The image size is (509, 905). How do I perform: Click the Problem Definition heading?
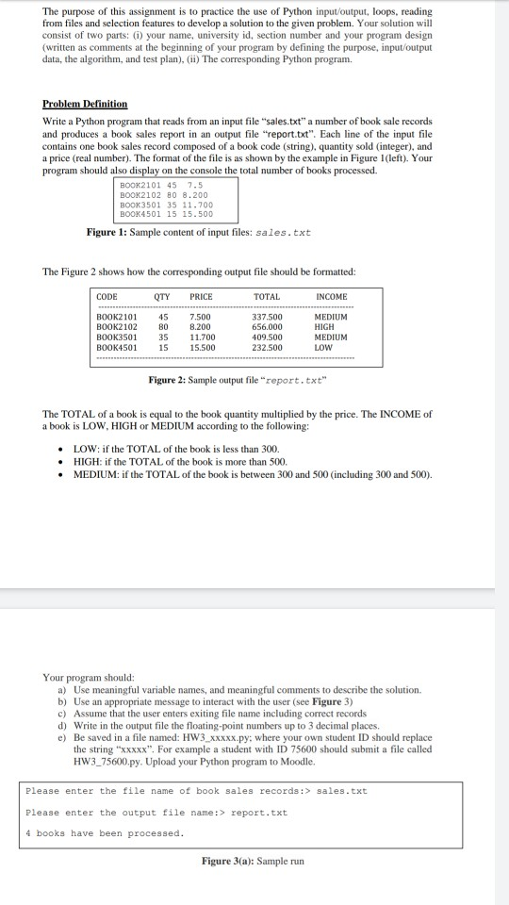[x=85, y=104]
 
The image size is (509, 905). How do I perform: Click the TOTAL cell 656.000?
[x=268, y=326]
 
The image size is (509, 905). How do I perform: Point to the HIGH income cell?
[x=325, y=326]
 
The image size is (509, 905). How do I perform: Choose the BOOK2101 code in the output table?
[x=115, y=317]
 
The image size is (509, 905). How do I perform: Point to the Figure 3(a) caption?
[x=253, y=861]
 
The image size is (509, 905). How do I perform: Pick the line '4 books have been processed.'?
[x=105, y=832]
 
